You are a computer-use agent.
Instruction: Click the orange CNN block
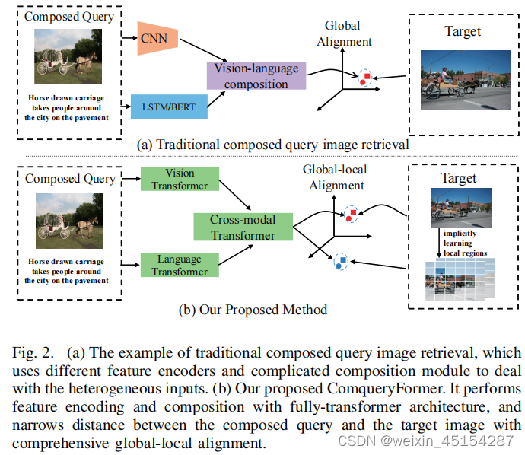[x=158, y=39]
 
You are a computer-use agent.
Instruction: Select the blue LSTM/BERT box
[x=169, y=106]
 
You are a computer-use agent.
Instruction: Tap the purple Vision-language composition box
[x=250, y=76]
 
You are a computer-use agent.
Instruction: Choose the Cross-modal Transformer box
[x=243, y=228]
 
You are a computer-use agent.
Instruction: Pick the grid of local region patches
[x=458, y=279]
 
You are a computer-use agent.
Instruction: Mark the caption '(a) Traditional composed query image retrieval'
[x=272, y=145]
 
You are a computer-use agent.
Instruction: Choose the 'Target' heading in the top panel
[x=463, y=31]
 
